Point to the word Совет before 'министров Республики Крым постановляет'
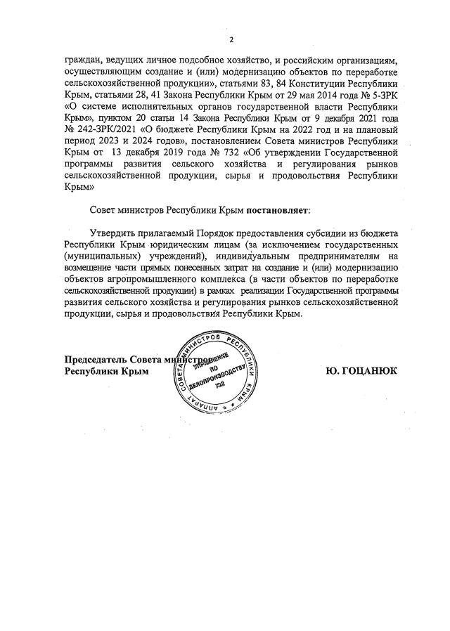pyautogui.click(x=104, y=211)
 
